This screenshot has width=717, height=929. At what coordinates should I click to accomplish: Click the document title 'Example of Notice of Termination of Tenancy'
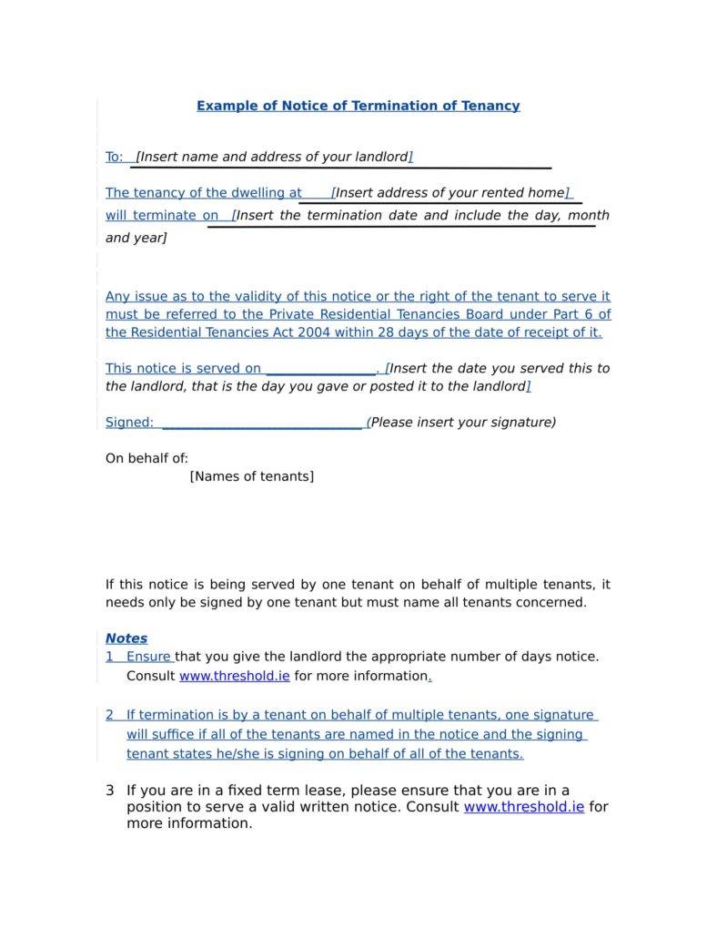[358, 106]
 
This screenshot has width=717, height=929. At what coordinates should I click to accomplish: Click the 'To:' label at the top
[114, 157]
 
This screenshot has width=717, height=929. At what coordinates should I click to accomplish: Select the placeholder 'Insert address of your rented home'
[449, 193]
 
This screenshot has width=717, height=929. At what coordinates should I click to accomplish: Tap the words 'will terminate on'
[162, 216]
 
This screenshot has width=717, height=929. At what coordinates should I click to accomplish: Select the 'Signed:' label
[129, 423]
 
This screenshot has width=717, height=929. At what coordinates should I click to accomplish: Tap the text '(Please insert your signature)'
[461, 423]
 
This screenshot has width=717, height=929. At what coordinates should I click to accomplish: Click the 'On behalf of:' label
[146, 459]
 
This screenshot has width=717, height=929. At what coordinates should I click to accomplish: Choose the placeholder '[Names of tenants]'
[251, 476]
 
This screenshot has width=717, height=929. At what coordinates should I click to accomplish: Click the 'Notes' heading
[126, 638]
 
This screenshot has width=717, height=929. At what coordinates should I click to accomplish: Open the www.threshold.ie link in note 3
[523, 807]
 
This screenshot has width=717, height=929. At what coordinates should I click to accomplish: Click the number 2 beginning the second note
[109, 715]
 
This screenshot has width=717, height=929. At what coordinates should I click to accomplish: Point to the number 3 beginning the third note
[110, 791]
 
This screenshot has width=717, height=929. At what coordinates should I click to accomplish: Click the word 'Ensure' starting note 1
[148, 657]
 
